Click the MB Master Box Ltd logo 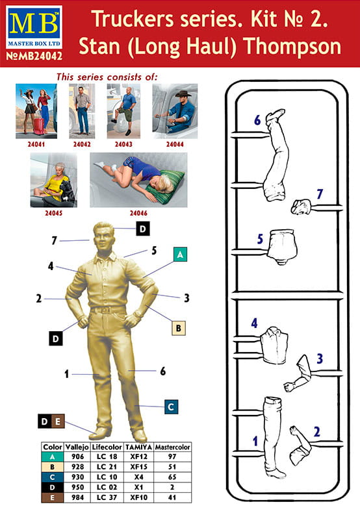34,27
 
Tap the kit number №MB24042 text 34,56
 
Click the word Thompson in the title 293,46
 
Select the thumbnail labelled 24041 36,111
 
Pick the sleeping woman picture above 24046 139,180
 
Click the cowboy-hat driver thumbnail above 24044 175,111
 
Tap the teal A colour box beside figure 179,255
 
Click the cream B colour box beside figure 178,328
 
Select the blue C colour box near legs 171,407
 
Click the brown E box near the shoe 58,421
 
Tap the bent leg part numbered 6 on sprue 276,155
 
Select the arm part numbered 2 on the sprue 300,445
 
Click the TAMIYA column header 139,447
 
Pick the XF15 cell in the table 139,467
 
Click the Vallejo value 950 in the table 77,487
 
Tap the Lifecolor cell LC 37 107,497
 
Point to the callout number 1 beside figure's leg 67,374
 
